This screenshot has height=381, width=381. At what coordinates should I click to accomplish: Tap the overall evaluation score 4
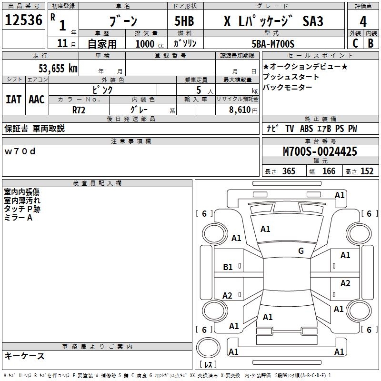(363, 22)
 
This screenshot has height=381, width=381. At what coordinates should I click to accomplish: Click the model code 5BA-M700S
(273, 44)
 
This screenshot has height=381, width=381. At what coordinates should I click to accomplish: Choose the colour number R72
(79, 109)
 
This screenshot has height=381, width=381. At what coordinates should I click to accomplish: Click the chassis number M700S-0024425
(320, 151)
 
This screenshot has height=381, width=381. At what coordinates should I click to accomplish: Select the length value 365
(288, 171)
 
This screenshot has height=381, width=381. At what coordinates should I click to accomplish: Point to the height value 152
(367, 171)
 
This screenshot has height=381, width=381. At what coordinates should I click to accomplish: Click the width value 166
(329, 171)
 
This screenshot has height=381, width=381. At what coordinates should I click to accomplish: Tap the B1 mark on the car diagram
(228, 267)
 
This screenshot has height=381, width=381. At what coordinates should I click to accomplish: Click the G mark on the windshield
(301, 251)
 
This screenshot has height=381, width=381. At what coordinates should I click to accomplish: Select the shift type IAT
(13, 100)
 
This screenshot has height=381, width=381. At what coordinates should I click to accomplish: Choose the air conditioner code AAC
(36, 100)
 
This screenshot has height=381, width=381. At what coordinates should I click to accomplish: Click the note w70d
(20, 151)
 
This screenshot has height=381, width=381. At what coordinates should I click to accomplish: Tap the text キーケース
(24, 356)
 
